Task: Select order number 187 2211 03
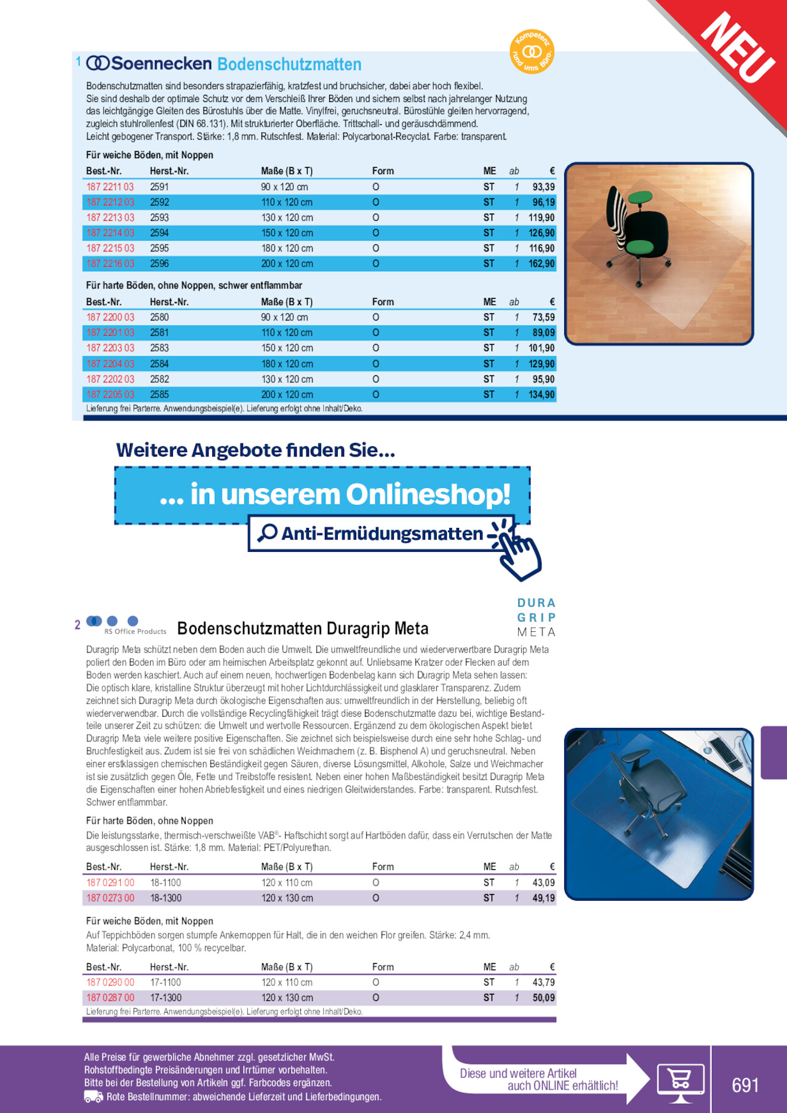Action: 110,187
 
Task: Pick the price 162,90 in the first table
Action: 541,263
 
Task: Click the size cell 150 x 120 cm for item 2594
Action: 287,233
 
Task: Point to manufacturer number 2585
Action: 159,394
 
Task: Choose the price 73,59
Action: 543,317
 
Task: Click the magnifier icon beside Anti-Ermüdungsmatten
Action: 268,533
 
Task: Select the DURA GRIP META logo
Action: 536,617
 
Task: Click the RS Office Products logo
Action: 126,625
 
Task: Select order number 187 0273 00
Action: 110,898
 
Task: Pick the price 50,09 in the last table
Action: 543,997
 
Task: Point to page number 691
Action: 745,1084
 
